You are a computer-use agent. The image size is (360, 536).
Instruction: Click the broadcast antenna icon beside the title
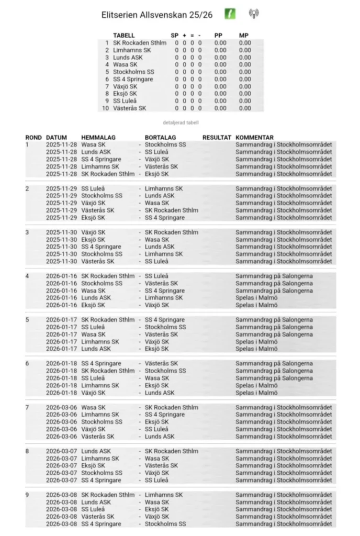click(x=254, y=14)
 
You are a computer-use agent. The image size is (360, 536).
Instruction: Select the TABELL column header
click(x=123, y=36)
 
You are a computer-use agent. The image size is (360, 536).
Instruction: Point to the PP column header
click(x=219, y=36)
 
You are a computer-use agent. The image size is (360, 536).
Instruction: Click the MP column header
click(x=244, y=36)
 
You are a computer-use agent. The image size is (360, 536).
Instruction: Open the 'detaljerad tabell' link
click(x=181, y=122)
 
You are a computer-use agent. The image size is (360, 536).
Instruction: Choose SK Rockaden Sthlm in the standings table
click(x=140, y=43)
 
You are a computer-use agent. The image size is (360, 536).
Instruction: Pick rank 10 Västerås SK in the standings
click(x=130, y=108)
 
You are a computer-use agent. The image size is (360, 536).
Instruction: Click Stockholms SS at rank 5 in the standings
click(x=133, y=72)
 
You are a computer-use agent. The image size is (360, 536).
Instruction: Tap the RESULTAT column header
click(x=217, y=138)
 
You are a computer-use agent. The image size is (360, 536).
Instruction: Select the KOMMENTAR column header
click(x=254, y=138)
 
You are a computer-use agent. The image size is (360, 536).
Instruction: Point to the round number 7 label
click(x=28, y=407)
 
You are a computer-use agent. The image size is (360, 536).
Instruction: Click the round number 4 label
click(x=28, y=276)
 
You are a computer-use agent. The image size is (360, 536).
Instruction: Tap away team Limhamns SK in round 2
click(x=164, y=188)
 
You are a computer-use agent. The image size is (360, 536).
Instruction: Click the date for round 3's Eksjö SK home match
click(x=61, y=239)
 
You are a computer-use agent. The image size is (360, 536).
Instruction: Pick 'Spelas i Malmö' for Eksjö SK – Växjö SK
click(x=256, y=305)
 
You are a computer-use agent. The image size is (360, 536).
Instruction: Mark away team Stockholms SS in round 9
click(x=165, y=524)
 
